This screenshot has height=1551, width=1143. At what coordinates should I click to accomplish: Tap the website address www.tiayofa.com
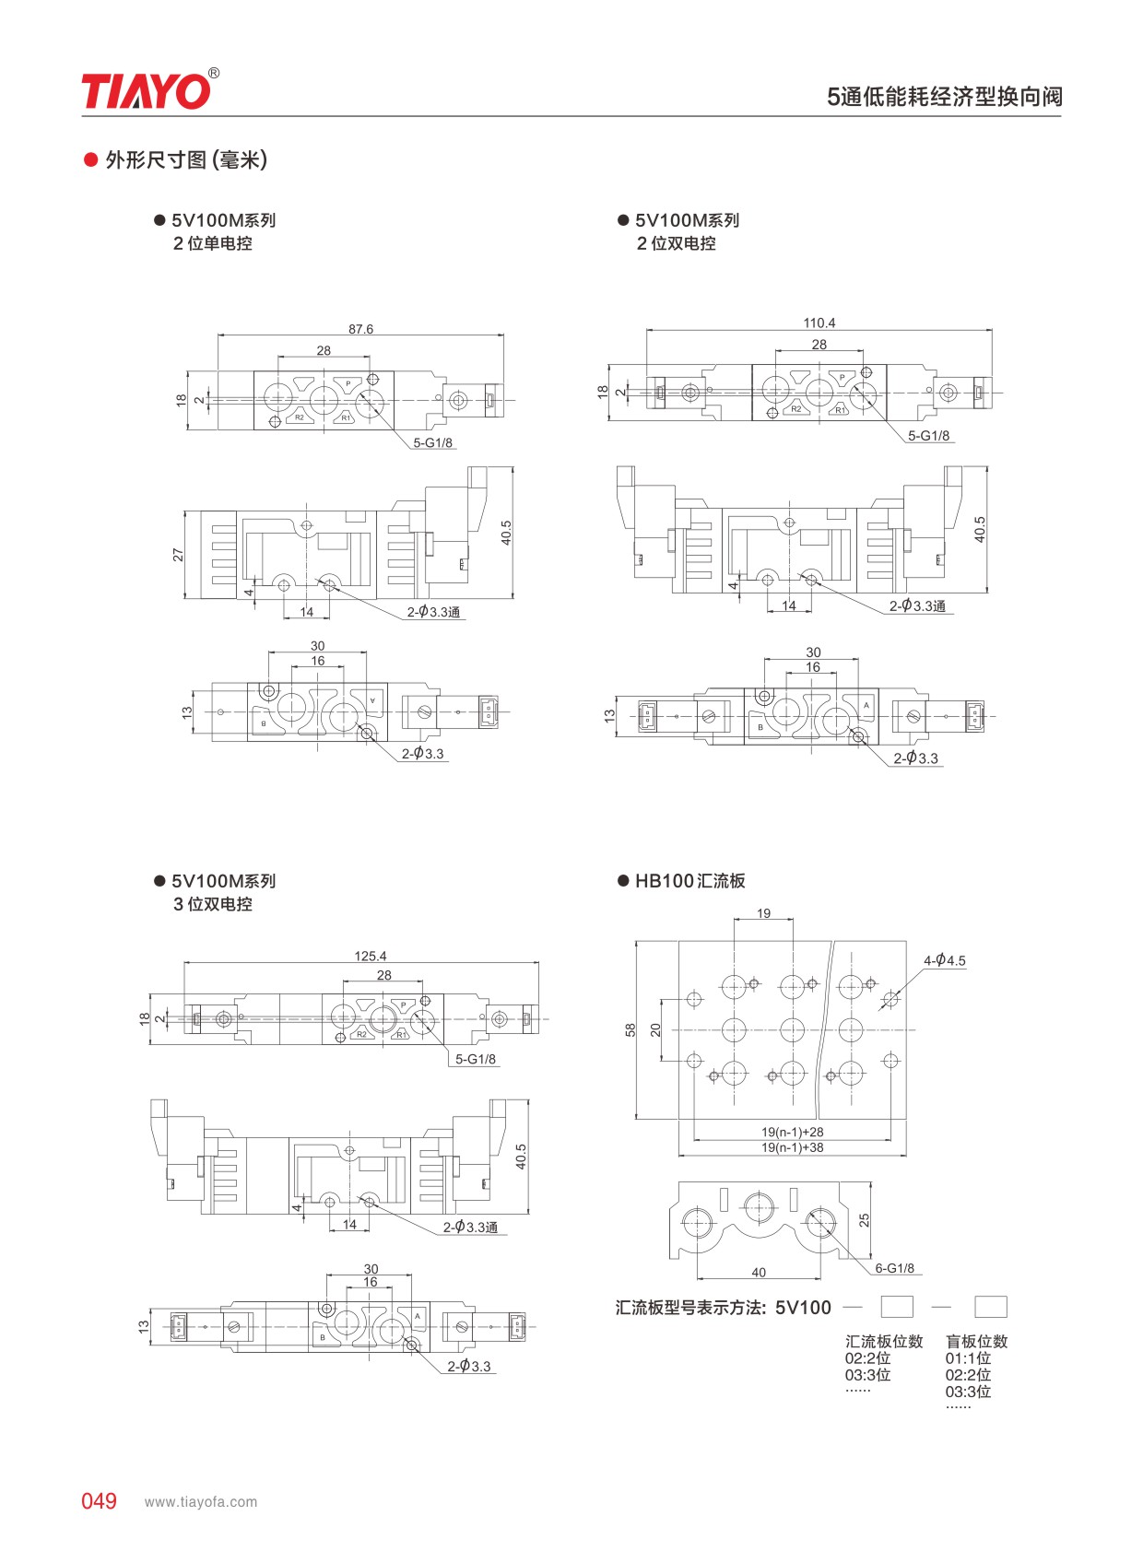point(201,1501)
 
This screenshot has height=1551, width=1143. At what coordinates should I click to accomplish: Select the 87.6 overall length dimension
point(360,329)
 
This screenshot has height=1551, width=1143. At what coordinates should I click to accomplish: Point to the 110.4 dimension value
point(819,323)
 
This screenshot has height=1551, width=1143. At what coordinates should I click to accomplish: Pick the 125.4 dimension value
point(370,956)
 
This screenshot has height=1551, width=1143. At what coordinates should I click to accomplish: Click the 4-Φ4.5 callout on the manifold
point(944,959)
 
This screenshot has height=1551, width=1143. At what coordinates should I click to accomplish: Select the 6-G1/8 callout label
point(894,1268)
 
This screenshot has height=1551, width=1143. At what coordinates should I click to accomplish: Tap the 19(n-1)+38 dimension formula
point(793,1147)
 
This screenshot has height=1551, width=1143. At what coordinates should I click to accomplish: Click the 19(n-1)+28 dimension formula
point(793,1132)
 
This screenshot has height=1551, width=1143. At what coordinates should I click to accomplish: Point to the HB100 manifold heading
point(690,881)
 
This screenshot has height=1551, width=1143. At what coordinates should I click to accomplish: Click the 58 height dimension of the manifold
point(630,1029)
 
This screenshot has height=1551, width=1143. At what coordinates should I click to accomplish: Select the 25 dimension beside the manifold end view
point(864,1220)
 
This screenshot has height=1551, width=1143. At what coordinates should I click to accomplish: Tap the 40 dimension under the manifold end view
point(759,1272)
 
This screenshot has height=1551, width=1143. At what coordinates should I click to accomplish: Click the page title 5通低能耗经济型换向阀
point(944,96)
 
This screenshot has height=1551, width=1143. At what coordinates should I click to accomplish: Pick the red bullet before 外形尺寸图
point(90,160)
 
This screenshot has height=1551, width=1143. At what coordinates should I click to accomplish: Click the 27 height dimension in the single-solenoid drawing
point(179,555)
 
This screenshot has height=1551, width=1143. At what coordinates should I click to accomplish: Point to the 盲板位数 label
point(977,1341)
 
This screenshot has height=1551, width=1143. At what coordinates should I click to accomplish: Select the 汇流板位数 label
point(884,1341)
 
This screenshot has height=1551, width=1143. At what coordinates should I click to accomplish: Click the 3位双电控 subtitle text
point(213,903)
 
